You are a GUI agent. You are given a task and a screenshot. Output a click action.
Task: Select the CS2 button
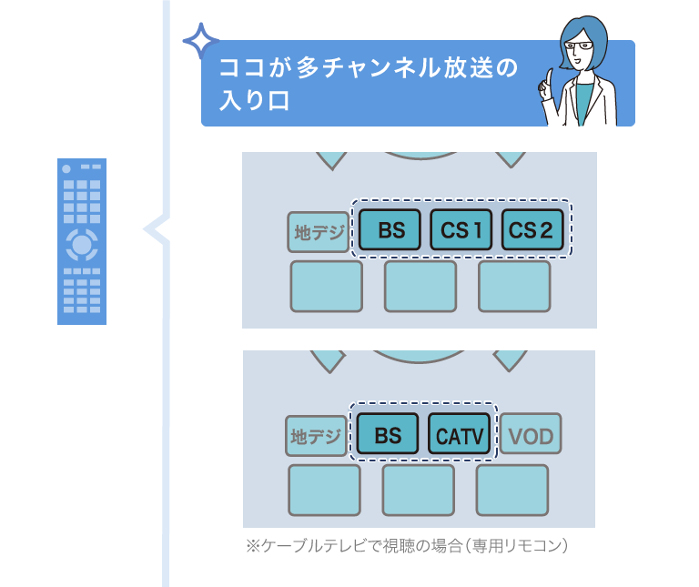tap(532, 231)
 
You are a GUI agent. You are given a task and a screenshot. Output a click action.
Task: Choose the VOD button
tap(531, 435)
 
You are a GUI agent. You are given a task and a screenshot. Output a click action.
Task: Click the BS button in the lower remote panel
tap(388, 435)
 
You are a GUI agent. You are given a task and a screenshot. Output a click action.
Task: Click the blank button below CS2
tap(514, 286)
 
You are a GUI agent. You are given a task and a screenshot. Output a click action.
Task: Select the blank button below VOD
tap(512, 490)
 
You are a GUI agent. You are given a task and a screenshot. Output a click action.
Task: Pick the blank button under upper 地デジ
tap(326, 286)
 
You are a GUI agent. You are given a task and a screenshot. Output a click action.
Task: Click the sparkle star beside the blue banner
tap(200, 42)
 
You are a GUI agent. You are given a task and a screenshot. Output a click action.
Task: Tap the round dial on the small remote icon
tap(82, 244)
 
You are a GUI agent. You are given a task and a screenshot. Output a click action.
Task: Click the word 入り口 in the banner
tap(255, 99)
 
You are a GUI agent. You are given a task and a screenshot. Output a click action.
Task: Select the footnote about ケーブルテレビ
tap(407, 546)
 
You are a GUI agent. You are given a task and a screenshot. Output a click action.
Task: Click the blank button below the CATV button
tap(418, 490)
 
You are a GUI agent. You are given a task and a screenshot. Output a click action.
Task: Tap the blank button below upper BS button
tap(420, 286)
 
